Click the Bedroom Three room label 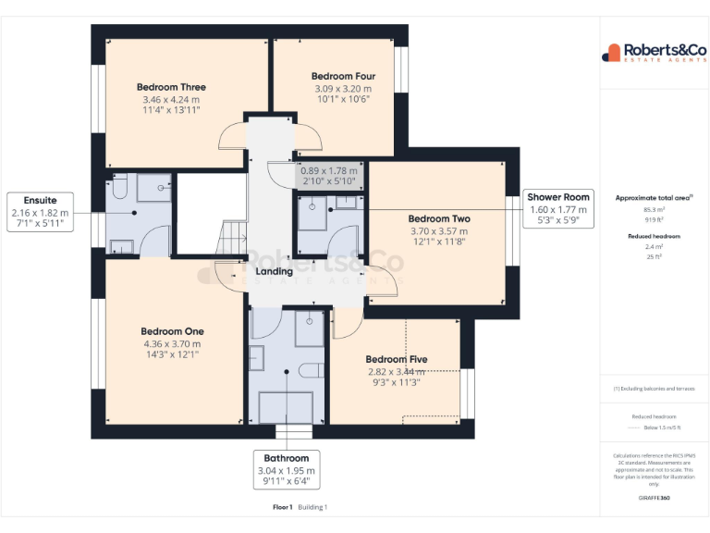pos(171,87)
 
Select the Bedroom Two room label pos(439,219)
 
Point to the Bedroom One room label pos(172,331)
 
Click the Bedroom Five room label pos(396,359)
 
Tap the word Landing pos(274,272)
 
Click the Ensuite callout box pos(40,212)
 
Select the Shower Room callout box pos(557,209)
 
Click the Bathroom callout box pos(286,470)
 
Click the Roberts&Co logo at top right pos(654,52)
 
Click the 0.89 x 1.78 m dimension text pos(329,170)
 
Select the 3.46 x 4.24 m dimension pos(171,99)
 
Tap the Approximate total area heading pos(654,198)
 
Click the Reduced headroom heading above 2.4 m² pos(654,237)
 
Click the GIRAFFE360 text pos(654,499)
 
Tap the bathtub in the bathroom pos(285,406)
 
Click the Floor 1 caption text pos(282,507)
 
